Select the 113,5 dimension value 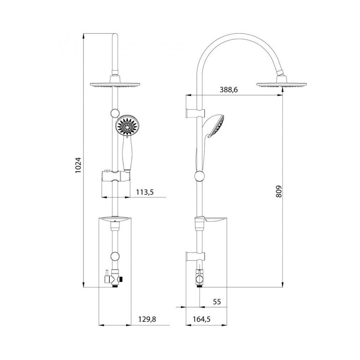145,192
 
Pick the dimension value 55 217,302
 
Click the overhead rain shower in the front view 115,85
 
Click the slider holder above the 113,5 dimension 115,176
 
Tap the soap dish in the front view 115,220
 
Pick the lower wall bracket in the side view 194,255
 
